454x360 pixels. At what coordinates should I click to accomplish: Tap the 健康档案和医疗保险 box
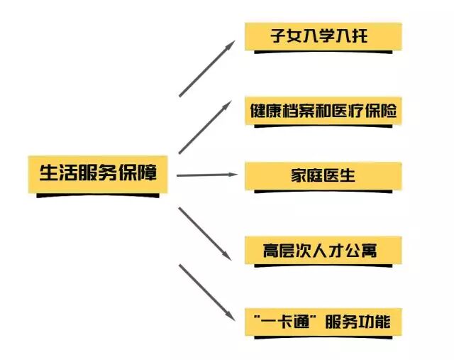coord(323,111)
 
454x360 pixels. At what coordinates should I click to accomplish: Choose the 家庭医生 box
coord(323,175)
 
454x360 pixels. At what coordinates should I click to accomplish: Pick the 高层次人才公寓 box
coord(323,250)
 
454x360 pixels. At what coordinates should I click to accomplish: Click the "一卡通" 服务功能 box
coord(323,322)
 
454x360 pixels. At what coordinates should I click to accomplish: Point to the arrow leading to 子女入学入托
coord(206,68)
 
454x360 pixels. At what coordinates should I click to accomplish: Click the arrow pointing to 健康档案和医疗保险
coord(206,126)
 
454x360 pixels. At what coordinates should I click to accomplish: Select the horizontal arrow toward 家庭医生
coord(206,174)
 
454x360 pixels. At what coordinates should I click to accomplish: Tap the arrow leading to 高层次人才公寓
coord(206,233)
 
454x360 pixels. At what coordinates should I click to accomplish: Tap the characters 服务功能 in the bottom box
coord(357,322)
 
